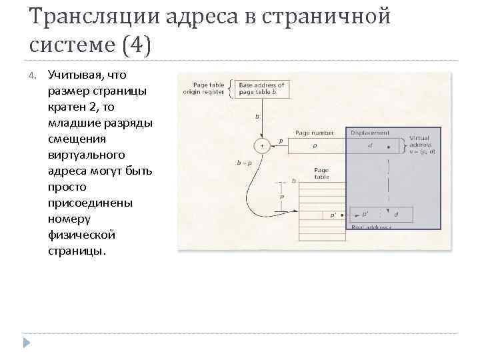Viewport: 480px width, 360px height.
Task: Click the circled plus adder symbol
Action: pyautogui.click(x=262, y=145)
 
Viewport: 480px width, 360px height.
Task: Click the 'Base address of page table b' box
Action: pyautogui.click(x=261, y=89)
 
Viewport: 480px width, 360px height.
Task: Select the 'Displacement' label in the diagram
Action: pyautogui.click(x=370, y=133)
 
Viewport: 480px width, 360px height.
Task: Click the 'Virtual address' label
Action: pyautogui.click(x=421, y=144)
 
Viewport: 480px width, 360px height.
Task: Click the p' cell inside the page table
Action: pyautogui.click(x=331, y=215)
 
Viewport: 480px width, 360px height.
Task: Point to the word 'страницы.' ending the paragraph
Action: pyautogui.click(x=77, y=251)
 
